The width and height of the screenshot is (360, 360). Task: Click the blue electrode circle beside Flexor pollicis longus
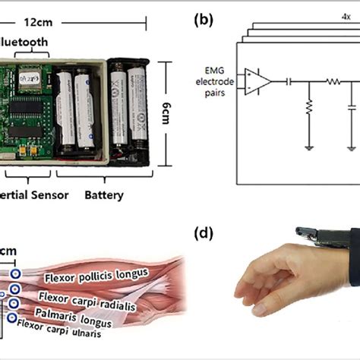pyautogui.click(x=15, y=275)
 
